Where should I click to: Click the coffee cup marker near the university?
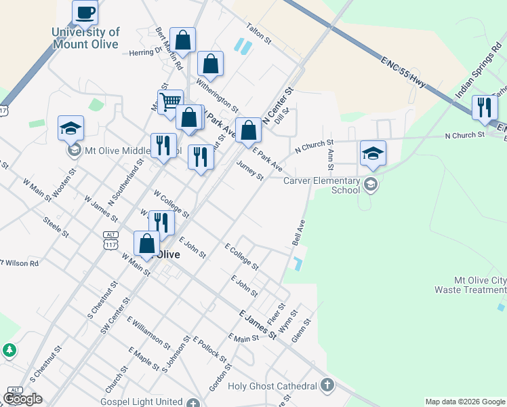(x=85, y=12)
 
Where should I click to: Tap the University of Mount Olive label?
(x=85, y=38)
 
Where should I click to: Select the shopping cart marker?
(x=170, y=102)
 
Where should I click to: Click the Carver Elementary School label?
(x=322, y=185)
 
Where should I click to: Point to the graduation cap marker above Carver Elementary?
(x=372, y=153)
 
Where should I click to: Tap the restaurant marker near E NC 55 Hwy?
(x=484, y=108)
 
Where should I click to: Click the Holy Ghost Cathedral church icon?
(x=327, y=386)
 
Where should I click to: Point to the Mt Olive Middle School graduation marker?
(x=70, y=127)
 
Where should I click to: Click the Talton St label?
(x=258, y=36)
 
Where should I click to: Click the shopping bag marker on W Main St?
(x=146, y=244)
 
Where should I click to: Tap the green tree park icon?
(x=9, y=350)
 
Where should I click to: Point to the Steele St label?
(x=56, y=227)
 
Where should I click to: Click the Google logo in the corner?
(x=22, y=399)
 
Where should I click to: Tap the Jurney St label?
(x=249, y=171)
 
